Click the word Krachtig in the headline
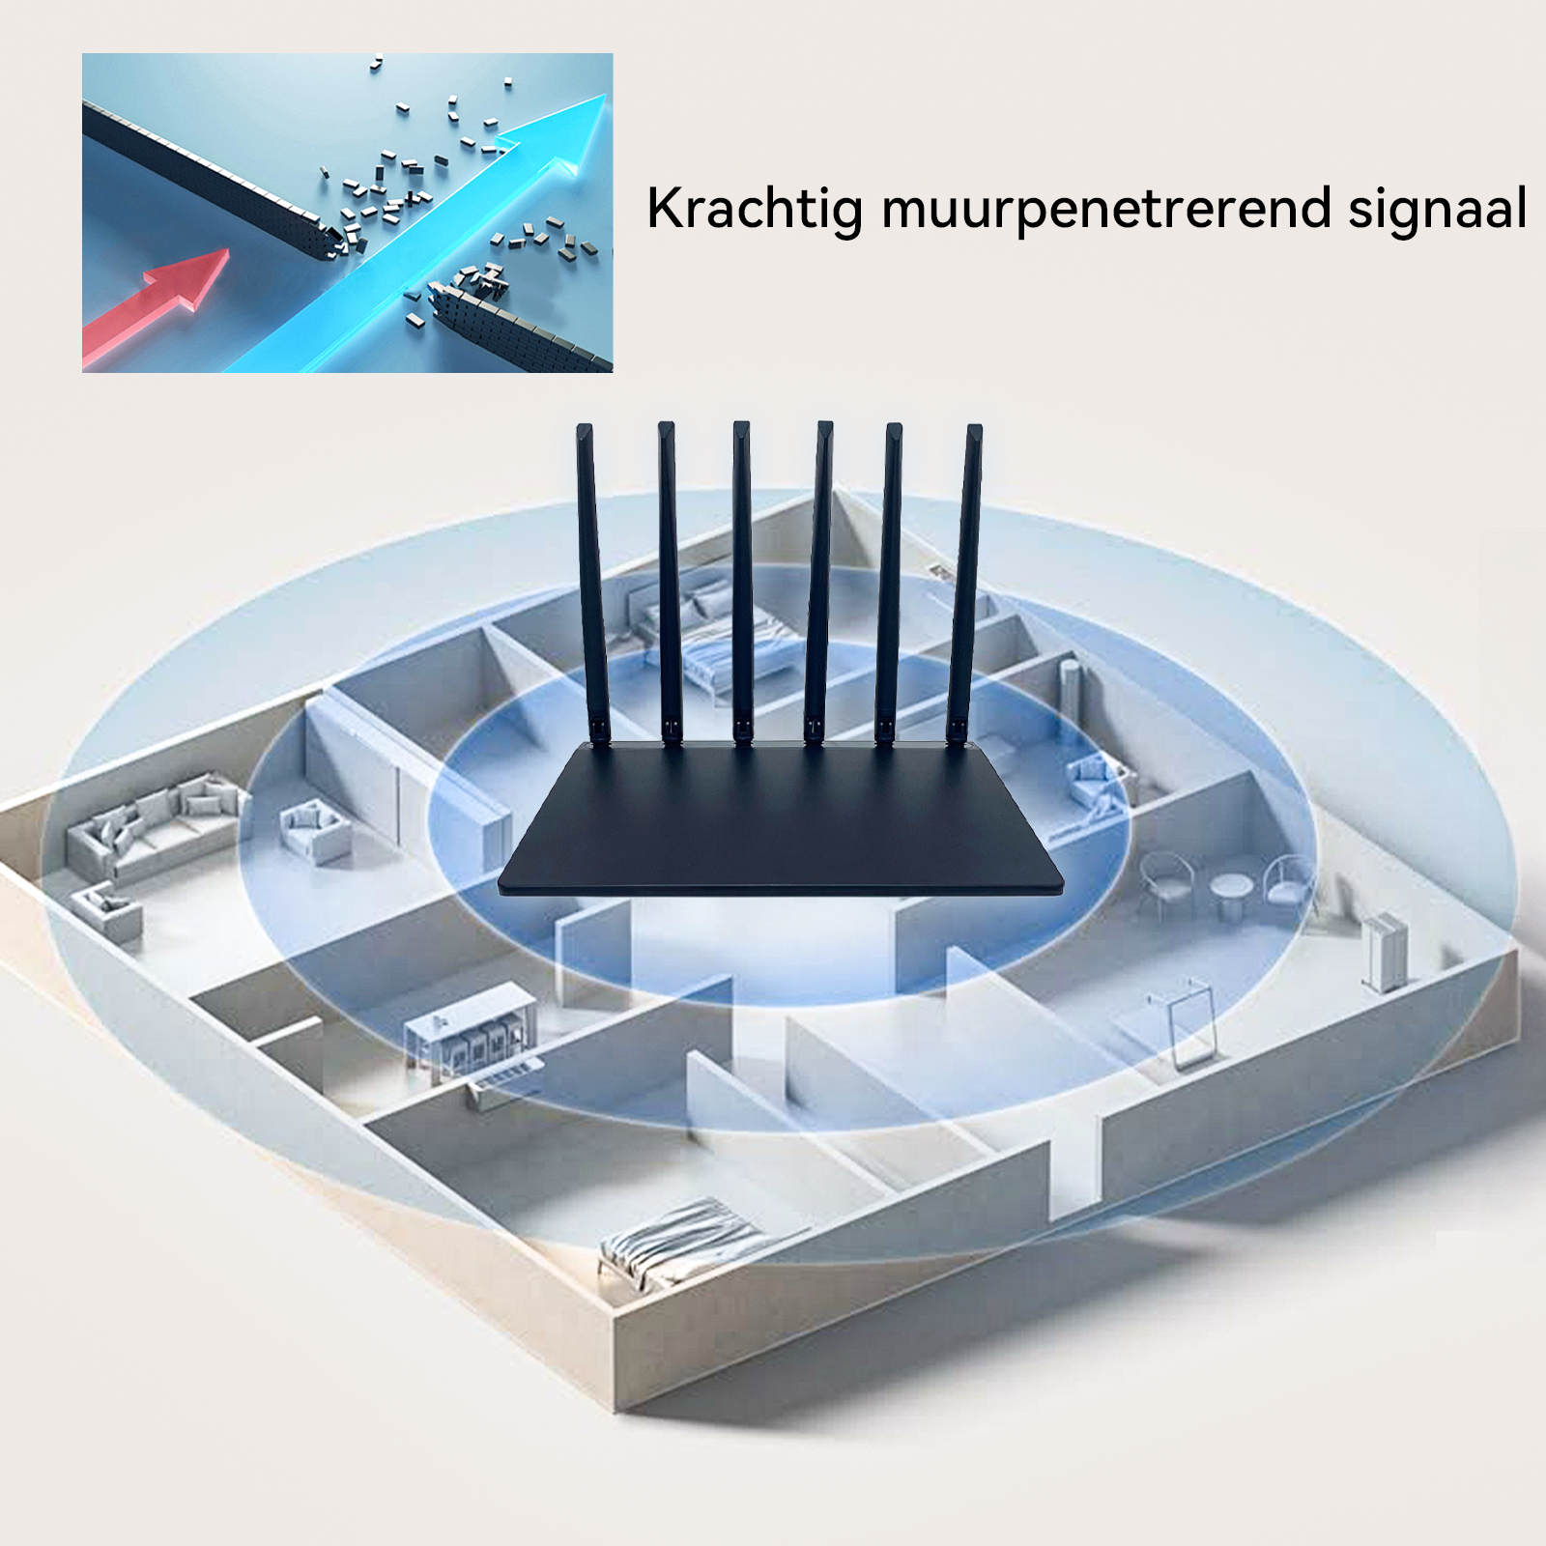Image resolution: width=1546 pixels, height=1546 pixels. pyautogui.click(x=755, y=210)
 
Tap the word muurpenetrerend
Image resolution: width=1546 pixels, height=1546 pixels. pyautogui.click(x=1106, y=210)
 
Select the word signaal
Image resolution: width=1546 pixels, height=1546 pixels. pyautogui.click(x=1438, y=210)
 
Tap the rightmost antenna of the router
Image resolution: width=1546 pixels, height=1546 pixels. pyautogui.click(x=963, y=585)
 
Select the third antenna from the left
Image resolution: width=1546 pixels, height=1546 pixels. pyautogui.click(x=742, y=583)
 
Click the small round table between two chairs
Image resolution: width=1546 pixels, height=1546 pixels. pyautogui.click(x=1230, y=894)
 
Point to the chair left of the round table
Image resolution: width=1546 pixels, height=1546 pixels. pyautogui.click(x=1164, y=881)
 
